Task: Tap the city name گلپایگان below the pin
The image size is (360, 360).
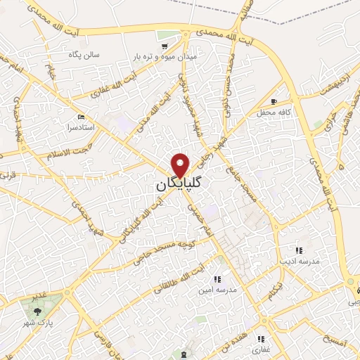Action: [x=180, y=184]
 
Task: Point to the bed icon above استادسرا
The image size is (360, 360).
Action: [x=80, y=117]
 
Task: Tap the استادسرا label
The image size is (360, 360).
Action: [x=80, y=128]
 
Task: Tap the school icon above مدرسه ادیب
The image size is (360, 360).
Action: [x=299, y=250]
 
